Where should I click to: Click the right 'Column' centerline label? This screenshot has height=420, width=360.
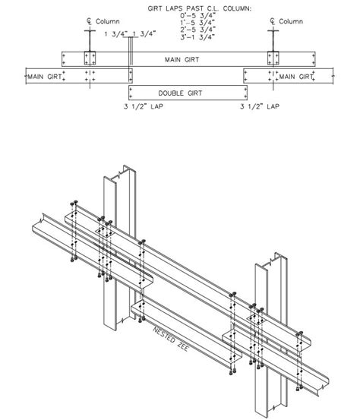(289, 22)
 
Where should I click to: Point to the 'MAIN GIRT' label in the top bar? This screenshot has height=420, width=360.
(182, 58)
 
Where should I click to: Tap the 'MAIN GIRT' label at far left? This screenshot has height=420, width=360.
(45, 76)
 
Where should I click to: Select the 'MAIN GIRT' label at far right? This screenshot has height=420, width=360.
(295, 76)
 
